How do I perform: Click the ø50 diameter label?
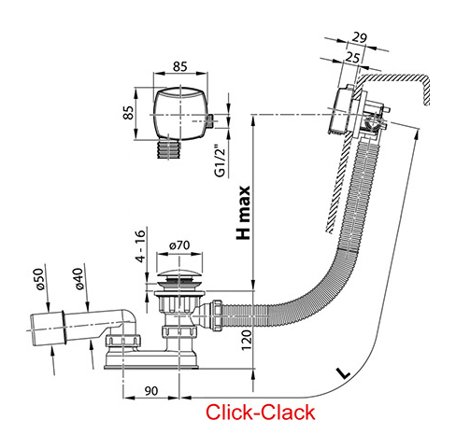(x=40, y=280)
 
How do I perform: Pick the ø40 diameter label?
(x=80, y=280)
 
